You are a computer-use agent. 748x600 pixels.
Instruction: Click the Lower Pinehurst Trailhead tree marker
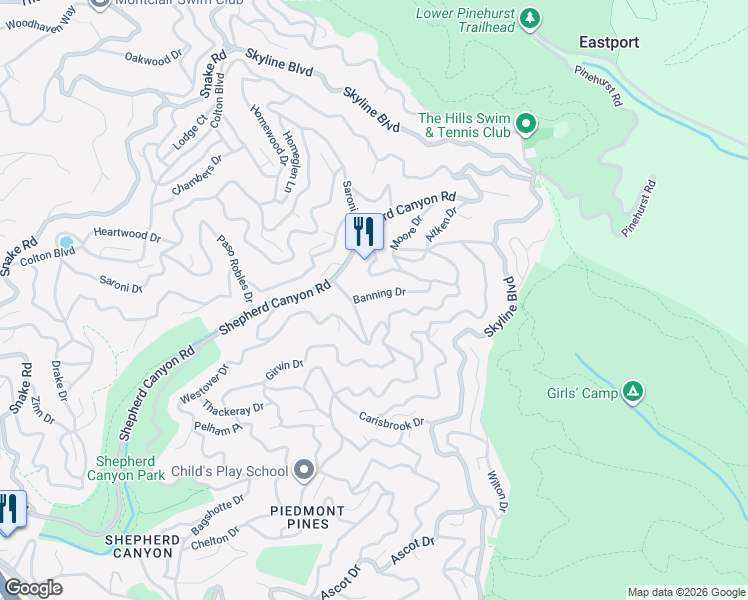tap(531, 18)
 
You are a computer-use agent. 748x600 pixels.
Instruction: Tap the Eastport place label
tap(609, 42)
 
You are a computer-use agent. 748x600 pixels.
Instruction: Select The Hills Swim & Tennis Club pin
tap(526, 126)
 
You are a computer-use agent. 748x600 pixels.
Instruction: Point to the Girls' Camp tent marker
tap(632, 392)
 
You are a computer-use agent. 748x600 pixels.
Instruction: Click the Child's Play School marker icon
tap(305, 470)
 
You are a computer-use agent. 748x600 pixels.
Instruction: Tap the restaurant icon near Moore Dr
tap(364, 232)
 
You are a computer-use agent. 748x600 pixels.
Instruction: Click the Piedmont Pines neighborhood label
tap(308, 518)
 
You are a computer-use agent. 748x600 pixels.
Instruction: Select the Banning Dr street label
tap(379, 294)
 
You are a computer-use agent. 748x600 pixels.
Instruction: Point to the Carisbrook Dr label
tap(392, 420)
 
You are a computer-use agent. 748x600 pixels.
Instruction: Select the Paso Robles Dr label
tap(233, 267)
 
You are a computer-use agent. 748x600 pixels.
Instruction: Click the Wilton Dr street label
tap(498, 493)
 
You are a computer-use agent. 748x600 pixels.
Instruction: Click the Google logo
tap(33, 588)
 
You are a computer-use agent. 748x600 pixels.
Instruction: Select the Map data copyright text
tap(685, 592)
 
